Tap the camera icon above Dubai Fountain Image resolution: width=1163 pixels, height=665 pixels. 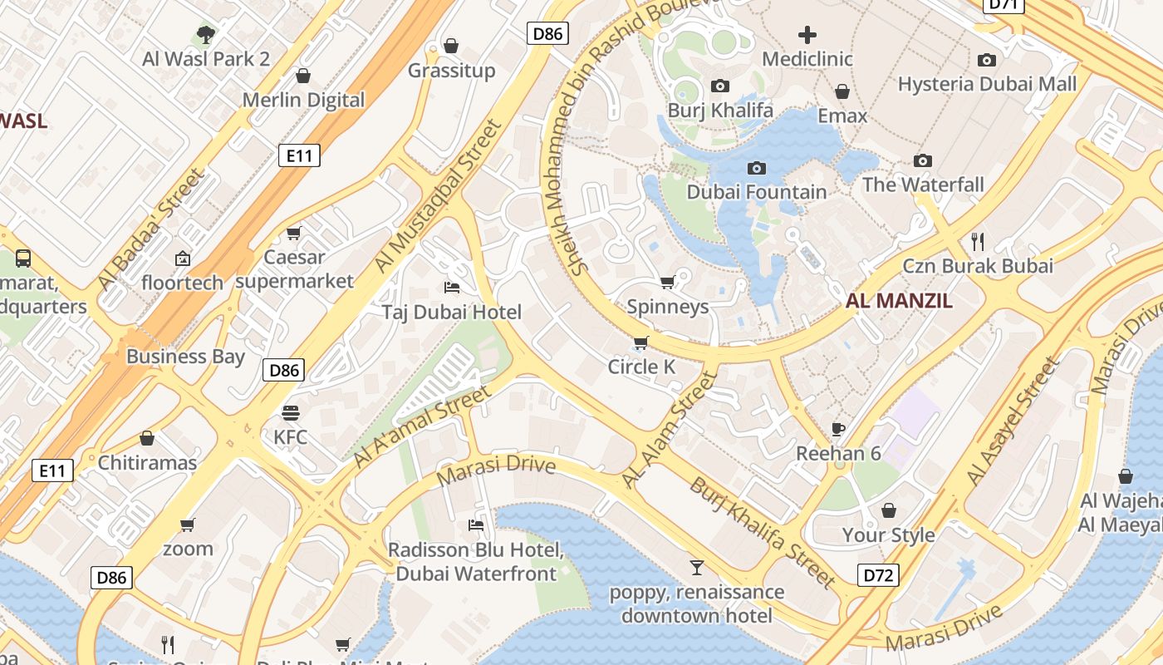click(756, 168)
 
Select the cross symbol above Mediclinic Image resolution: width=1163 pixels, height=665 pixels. click(807, 34)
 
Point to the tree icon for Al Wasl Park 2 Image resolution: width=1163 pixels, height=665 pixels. click(206, 34)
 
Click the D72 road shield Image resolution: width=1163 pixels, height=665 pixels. click(878, 574)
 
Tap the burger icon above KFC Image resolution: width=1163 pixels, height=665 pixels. click(290, 412)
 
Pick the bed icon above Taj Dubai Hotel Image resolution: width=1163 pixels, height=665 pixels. click(452, 288)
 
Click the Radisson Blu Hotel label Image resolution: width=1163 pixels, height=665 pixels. click(476, 562)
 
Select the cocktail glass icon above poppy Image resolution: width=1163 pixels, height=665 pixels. click(696, 568)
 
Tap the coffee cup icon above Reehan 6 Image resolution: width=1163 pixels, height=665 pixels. click(838, 429)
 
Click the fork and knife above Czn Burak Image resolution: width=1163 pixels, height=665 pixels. click(978, 242)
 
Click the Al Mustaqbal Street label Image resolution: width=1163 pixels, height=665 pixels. click(439, 196)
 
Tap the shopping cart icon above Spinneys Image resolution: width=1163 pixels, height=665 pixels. click(667, 283)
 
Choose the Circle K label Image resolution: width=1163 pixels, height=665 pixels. click(641, 367)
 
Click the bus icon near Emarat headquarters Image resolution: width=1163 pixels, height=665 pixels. click(23, 258)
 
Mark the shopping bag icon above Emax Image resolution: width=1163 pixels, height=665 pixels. click(842, 91)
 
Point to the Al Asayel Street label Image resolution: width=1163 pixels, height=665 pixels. click(1013, 421)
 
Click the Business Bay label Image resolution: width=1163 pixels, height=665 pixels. click(185, 357)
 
